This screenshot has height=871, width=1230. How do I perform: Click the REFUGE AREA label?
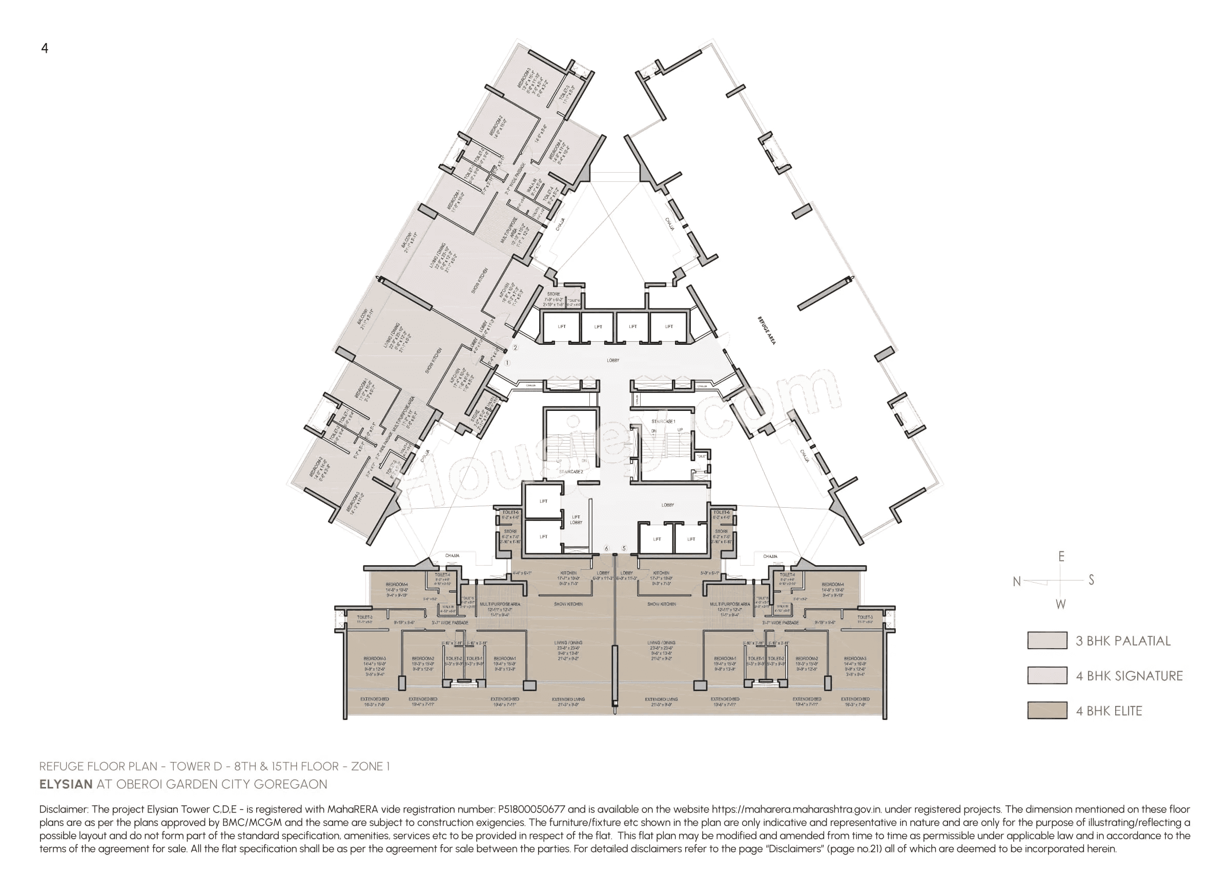pyautogui.click(x=766, y=330)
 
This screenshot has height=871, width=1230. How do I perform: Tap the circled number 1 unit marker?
pyautogui.click(x=507, y=363)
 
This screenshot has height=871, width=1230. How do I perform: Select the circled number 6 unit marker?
pyautogui.click(x=607, y=548)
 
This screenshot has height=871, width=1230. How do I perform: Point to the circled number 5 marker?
pyautogui.click(x=624, y=548)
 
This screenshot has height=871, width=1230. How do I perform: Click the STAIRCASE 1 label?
pyautogui.click(x=663, y=422)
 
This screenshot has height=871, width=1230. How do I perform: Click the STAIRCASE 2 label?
pyautogui.click(x=571, y=472)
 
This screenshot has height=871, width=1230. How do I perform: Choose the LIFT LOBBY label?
pyautogui.click(x=576, y=520)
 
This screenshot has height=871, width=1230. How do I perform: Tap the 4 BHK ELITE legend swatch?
pyautogui.click(x=1047, y=710)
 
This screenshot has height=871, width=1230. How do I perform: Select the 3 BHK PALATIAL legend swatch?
pyautogui.click(x=1047, y=640)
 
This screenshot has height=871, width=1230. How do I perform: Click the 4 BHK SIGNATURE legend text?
pyautogui.click(x=1129, y=676)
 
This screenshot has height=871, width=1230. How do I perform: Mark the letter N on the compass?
pyautogui.click(x=1016, y=582)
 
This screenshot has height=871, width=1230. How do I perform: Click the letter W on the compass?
pyautogui.click(x=1060, y=605)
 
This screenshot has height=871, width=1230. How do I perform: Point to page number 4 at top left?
pyautogui.click(x=45, y=48)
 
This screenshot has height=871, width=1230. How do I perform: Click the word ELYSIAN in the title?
pyautogui.click(x=66, y=784)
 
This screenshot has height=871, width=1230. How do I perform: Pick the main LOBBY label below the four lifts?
pyautogui.click(x=613, y=360)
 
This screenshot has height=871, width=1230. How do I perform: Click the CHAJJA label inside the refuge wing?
pyautogui.click(x=670, y=224)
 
